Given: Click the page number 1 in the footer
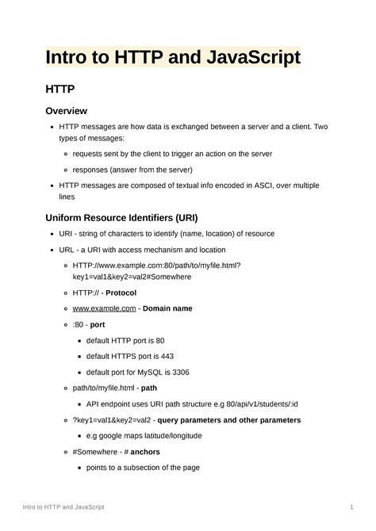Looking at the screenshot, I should (x=350, y=506).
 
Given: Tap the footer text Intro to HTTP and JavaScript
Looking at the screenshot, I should (x=63, y=506).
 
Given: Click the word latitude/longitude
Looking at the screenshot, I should (x=169, y=436).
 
